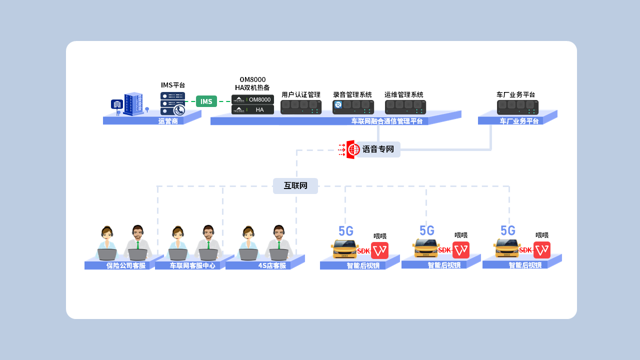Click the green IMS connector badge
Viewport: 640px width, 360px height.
click(x=206, y=101)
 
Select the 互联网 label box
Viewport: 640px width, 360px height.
click(x=295, y=186)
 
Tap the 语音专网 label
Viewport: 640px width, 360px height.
click(x=378, y=149)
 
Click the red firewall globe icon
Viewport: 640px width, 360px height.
click(x=353, y=149)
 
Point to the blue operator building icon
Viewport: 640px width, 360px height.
click(x=133, y=103)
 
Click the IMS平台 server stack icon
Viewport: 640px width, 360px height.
click(x=172, y=103)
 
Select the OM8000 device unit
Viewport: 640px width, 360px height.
click(x=252, y=99)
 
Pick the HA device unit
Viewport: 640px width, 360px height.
click(x=252, y=109)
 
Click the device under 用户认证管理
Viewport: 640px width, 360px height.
click(x=300, y=107)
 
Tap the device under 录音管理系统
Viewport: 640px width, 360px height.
click(x=353, y=107)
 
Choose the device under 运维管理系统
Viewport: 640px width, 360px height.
click(x=405, y=107)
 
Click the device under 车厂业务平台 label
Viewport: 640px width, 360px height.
click(x=517, y=107)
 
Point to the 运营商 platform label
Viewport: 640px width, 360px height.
click(x=168, y=121)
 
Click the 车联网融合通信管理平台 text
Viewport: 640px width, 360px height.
click(x=386, y=121)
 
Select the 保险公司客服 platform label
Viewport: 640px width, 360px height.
click(x=126, y=265)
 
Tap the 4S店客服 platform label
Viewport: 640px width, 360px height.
click(x=272, y=265)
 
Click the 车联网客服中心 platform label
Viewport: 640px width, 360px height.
click(x=192, y=265)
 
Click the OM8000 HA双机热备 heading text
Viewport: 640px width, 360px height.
click(x=252, y=83)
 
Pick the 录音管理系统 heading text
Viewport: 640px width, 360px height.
click(x=352, y=94)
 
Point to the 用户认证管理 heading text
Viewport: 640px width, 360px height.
click(x=300, y=94)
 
